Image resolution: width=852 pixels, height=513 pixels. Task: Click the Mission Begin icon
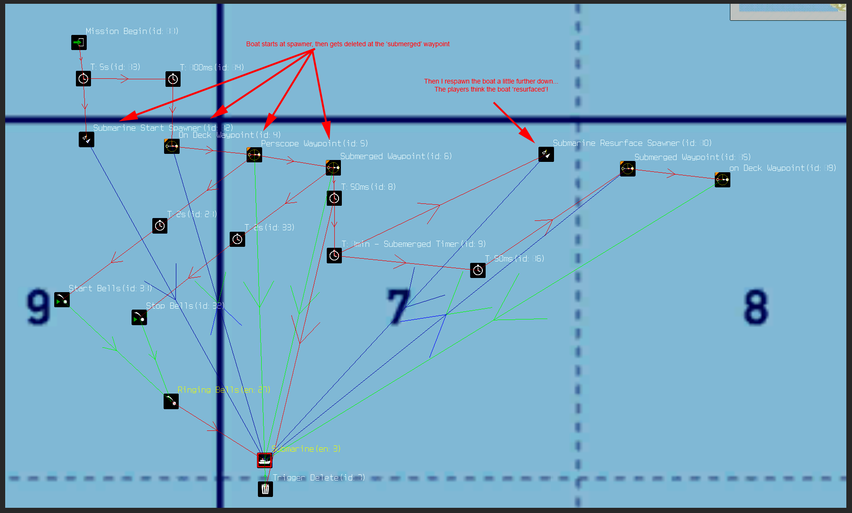(79, 42)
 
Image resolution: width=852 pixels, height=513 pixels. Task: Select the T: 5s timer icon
(83, 79)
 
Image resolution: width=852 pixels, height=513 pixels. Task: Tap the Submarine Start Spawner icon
(86, 139)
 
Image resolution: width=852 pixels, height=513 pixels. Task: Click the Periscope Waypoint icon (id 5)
(254, 154)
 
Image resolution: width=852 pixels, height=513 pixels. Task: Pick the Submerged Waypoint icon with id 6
(333, 168)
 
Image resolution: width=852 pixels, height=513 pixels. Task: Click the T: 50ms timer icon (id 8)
(334, 198)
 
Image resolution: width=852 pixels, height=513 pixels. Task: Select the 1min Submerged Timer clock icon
(334, 255)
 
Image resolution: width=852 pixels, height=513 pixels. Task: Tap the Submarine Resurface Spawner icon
(546, 154)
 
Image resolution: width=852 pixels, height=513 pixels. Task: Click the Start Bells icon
(62, 300)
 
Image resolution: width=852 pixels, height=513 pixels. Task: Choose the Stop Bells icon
(139, 318)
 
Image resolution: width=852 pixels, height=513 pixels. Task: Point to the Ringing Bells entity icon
(171, 401)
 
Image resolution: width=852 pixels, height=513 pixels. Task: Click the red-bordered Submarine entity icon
(265, 460)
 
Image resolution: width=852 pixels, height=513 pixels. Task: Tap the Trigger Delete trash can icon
(265, 489)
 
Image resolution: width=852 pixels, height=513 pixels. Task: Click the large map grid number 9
(38, 307)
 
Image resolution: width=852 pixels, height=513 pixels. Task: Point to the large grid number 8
(756, 307)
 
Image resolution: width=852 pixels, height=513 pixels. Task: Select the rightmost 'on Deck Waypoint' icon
(722, 180)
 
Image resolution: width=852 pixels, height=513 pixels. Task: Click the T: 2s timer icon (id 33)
(237, 239)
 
